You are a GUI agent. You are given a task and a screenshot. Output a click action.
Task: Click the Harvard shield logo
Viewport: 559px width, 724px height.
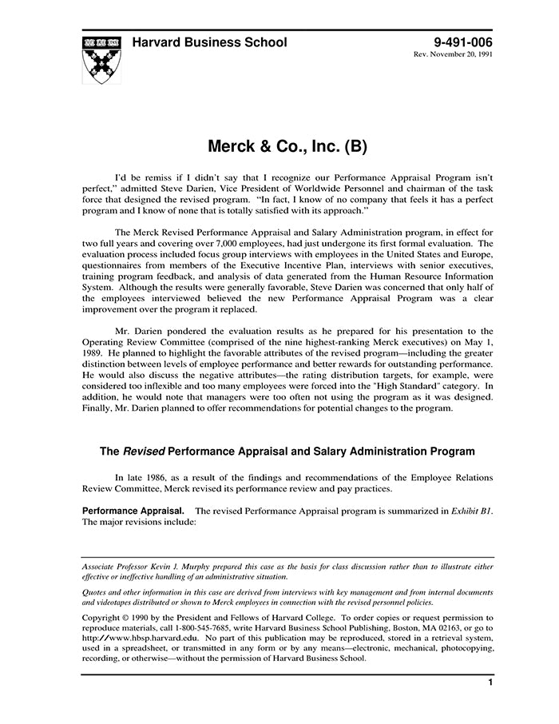pyautogui.click(x=101, y=59)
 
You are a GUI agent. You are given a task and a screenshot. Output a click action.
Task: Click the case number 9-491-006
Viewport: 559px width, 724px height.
pyautogui.click(x=462, y=42)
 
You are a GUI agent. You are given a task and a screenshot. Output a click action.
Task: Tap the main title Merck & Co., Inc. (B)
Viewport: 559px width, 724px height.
pyautogui.click(x=287, y=147)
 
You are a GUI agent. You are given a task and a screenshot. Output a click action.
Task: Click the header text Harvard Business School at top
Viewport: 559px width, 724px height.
pyautogui.click(x=209, y=42)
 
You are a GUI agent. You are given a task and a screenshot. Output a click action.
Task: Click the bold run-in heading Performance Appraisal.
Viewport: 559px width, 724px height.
pyautogui.click(x=133, y=510)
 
